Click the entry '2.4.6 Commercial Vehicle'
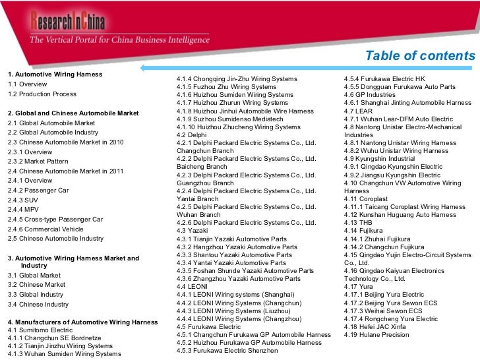(45, 229)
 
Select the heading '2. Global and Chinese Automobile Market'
(73, 113)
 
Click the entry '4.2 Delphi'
(192, 135)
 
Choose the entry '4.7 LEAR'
(359, 111)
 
